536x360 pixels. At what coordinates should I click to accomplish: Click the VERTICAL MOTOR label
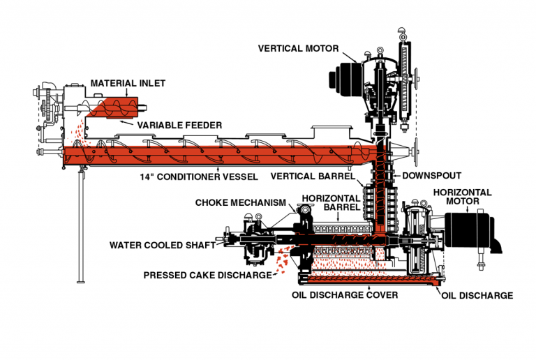(x=298, y=49)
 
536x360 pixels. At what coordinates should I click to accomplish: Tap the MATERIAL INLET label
(x=128, y=83)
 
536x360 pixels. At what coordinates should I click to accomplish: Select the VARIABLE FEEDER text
(x=179, y=125)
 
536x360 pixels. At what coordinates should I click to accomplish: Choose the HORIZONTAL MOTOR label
(x=463, y=197)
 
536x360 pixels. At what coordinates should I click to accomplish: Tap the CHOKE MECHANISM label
(x=241, y=202)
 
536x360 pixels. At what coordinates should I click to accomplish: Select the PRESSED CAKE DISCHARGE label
(x=207, y=275)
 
